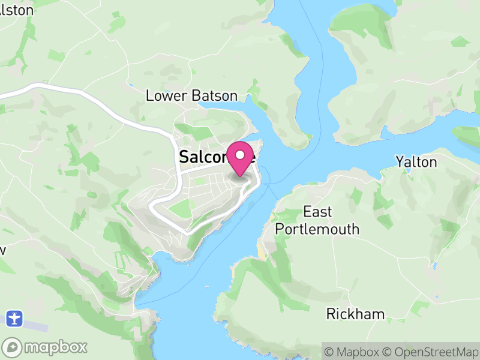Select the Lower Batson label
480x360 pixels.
click(x=192, y=96)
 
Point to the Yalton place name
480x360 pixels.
click(x=416, y=162)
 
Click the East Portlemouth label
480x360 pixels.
click(x=317, y=220)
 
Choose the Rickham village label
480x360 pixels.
click(x=355, y=314)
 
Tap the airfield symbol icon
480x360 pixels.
click(x=15, y=317)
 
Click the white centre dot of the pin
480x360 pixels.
click(x=241, y=155)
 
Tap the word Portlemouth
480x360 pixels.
click(x=317, y=229)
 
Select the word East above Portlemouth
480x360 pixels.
click(x=317, y=212)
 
